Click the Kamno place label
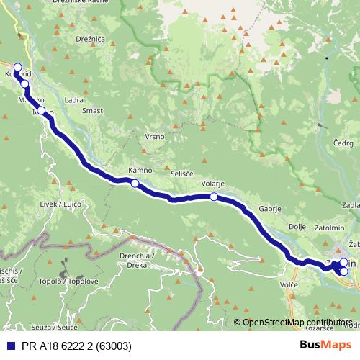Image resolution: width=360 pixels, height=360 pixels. coord(140,171)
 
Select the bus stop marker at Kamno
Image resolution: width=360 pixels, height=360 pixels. coord(135,184)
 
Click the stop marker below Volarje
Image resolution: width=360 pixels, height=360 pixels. coord(214,196)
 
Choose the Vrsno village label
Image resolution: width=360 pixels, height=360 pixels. coord(155,136)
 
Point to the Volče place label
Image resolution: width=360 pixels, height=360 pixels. coord(289,285)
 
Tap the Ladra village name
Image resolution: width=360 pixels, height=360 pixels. coord(73,100)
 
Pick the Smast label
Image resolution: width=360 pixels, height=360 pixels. coord(92,111)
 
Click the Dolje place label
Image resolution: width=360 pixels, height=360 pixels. coord(297,226)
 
